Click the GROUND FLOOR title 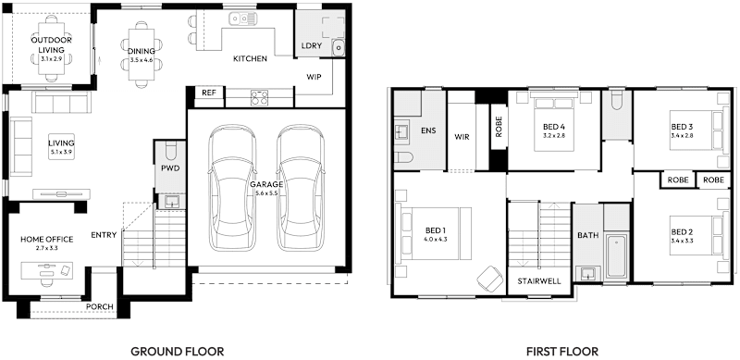tap(177, 352)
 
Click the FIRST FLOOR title tap(561, 352)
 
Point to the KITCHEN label tap(250, 58)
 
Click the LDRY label tap(311, 45)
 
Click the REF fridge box tap(208, 93)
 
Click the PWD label tap(169, 168)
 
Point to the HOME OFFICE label tap(46, 239)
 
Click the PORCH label tap(99, 306)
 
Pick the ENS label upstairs tap(428, 130)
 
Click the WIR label tap(462, 137)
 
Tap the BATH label tap(587, 235)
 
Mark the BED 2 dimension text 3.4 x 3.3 tap(682, 240)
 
